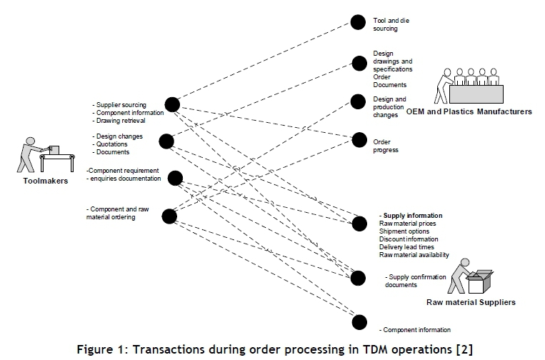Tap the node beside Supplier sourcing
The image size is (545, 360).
tap(171, 104)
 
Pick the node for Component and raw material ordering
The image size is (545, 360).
tap(169, 215)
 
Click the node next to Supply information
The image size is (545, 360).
tap(359, 224)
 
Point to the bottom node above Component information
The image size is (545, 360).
tap(359, 321)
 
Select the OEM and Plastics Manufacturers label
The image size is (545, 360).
tap(469, 112)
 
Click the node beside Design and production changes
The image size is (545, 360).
tap(358, 101)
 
